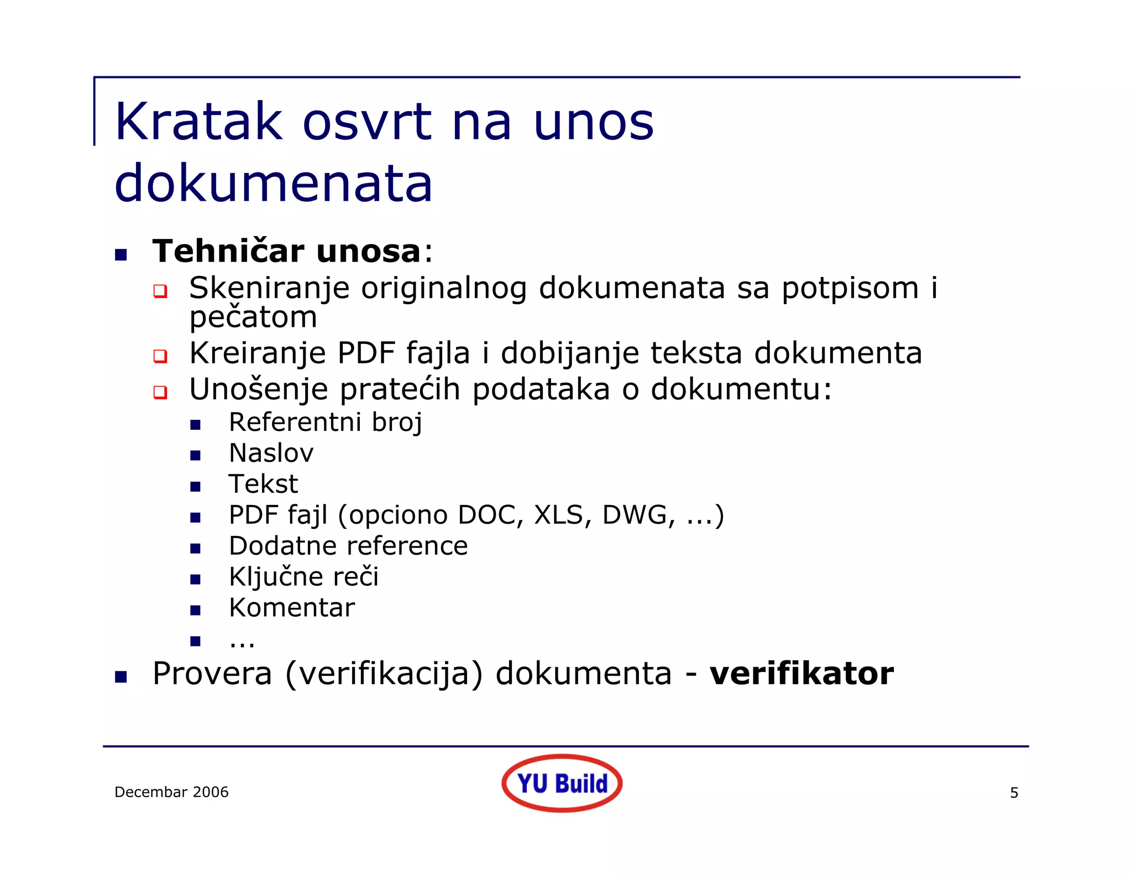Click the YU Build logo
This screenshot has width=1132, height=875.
coord(562,783)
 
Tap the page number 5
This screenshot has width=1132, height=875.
coord(1014,793)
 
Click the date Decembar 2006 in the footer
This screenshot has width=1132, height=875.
coord(171,792)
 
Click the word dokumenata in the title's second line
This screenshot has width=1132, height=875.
coord(273,184)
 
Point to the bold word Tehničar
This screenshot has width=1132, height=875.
coord(228,251)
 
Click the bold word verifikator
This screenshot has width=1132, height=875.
coord(801,674)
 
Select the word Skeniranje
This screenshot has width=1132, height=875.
coord(269,289)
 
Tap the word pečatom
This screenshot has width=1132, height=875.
coord(253,317)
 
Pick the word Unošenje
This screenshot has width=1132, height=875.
coord(259,389)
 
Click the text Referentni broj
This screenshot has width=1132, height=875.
coord(326,423)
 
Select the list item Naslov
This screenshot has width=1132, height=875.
coord(271,453)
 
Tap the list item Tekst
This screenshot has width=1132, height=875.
coord(263,484)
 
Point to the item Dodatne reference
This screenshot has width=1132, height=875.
coord(348,546)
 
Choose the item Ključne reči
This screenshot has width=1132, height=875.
coord(303,577)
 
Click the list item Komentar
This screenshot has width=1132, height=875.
coord(292,608)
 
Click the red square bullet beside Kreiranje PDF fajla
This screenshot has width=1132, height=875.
coord(160,356)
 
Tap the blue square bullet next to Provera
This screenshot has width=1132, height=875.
coord(121,676)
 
